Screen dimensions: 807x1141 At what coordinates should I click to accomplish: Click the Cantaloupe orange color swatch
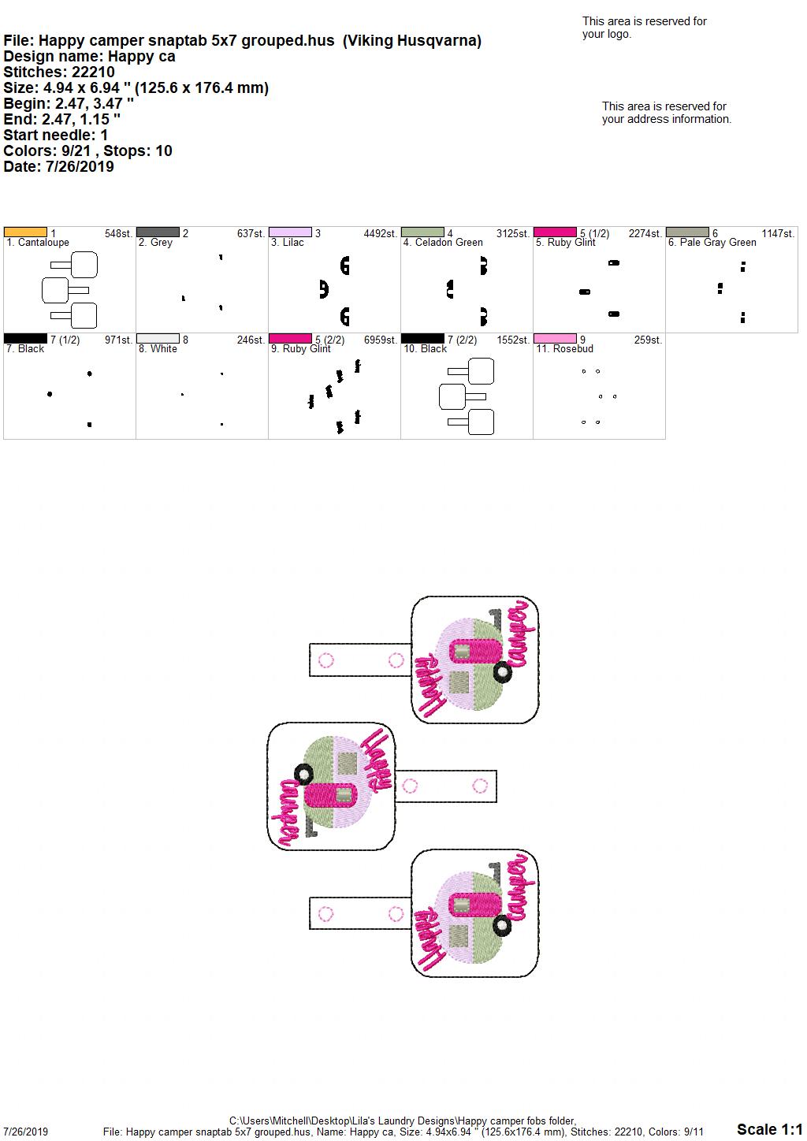pyautogui.click(x=25, y=232)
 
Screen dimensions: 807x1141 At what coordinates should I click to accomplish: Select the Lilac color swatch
pyautogui.click(x=290, y=232)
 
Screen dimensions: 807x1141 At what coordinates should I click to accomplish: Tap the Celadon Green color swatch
pyautogui.click(x=422, y=232)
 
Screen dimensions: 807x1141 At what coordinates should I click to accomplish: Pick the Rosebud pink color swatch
pyautogui.click(x=555, y=339)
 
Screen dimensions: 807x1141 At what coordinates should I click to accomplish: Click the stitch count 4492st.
pyautogui.click(x=380, y=233)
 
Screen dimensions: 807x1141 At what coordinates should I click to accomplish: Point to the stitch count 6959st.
pyautogui.click(x=380, y=340)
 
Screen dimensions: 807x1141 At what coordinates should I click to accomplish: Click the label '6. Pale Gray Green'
pyautogui.click(x=712, y=243)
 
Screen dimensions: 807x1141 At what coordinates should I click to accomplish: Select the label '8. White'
pyautogui.click(x=158, y=349)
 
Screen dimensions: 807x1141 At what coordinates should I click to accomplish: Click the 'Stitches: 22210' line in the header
pyautogui.click(x=59, y=72)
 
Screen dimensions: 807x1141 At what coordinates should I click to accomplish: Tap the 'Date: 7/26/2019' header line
pyautogui.click(x=58, y=166)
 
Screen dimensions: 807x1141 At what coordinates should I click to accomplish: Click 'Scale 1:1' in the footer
pyautogui.click(x=769, y=1128)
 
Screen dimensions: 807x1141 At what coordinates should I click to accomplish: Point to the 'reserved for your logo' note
pyautogui.click(x=644, y=28)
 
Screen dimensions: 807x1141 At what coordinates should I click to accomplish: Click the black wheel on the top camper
pyautogui.click(x=502, y=672)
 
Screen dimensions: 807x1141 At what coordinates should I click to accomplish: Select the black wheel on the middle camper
pyautogui.click(x=303, y=775)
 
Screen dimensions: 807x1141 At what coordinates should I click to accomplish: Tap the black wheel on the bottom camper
pyautogui.click(x=502, y=926)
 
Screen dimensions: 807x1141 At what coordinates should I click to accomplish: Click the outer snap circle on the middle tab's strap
pyautogui.click(x=479, y=786)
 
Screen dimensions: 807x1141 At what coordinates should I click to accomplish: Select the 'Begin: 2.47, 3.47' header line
pyautogui.click(x=69, y=103)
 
